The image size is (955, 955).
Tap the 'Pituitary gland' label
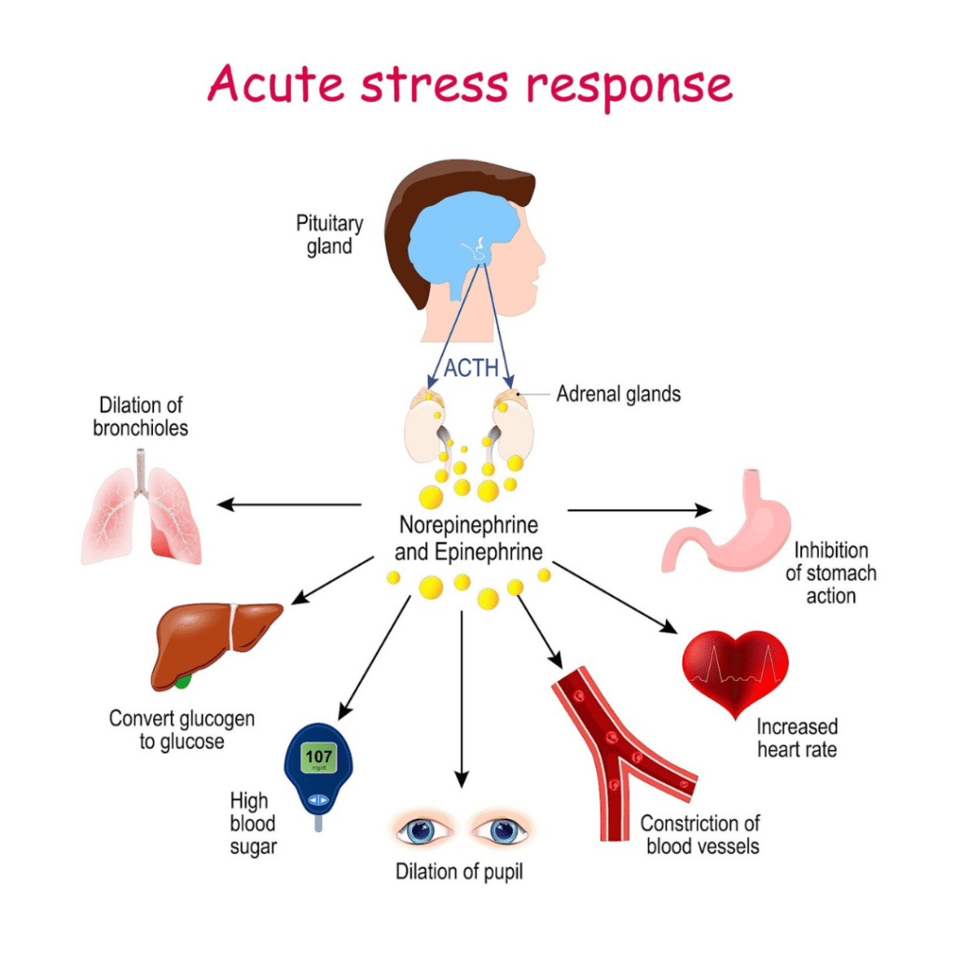point(329,235)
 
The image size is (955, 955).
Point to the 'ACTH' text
point(469,367)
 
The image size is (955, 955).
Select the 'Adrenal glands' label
point(618,394)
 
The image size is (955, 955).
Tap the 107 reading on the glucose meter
point(320,755)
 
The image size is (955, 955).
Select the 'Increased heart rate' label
point(796,737)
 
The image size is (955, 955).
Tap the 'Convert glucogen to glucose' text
point(182,730)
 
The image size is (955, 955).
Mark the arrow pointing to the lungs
point(289,505)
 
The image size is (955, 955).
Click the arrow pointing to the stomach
point(639,510)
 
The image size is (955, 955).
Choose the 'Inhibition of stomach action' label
point(830,573)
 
